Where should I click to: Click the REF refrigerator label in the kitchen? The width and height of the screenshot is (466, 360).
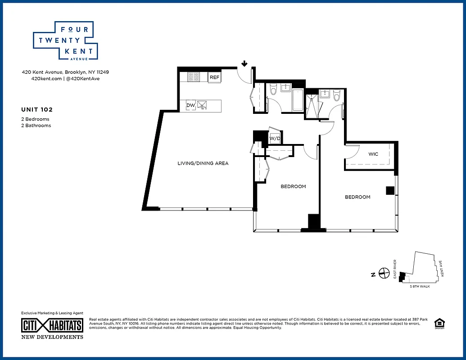point(214,77)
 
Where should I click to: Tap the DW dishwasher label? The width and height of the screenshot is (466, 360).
point(191,105)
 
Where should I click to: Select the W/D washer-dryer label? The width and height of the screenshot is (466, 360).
point(275,139)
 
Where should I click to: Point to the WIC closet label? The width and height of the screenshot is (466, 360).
point(373,154)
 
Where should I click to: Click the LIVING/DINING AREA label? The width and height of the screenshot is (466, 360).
point(203,163)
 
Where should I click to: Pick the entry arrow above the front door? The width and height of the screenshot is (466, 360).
point(244,64)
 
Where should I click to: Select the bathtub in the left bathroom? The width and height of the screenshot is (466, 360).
point(299,100)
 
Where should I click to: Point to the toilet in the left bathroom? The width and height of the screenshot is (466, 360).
point(272,90)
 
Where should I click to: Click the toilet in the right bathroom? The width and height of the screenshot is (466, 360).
point(336,96)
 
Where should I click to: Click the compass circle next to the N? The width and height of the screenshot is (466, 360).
point(384,273)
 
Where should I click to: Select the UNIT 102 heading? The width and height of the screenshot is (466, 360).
point(37,109)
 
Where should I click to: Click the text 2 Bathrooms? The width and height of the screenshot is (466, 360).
point(36,126)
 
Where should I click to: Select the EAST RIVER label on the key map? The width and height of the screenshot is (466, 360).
point(395,269)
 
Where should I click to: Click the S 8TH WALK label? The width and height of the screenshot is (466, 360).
point(420,287)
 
